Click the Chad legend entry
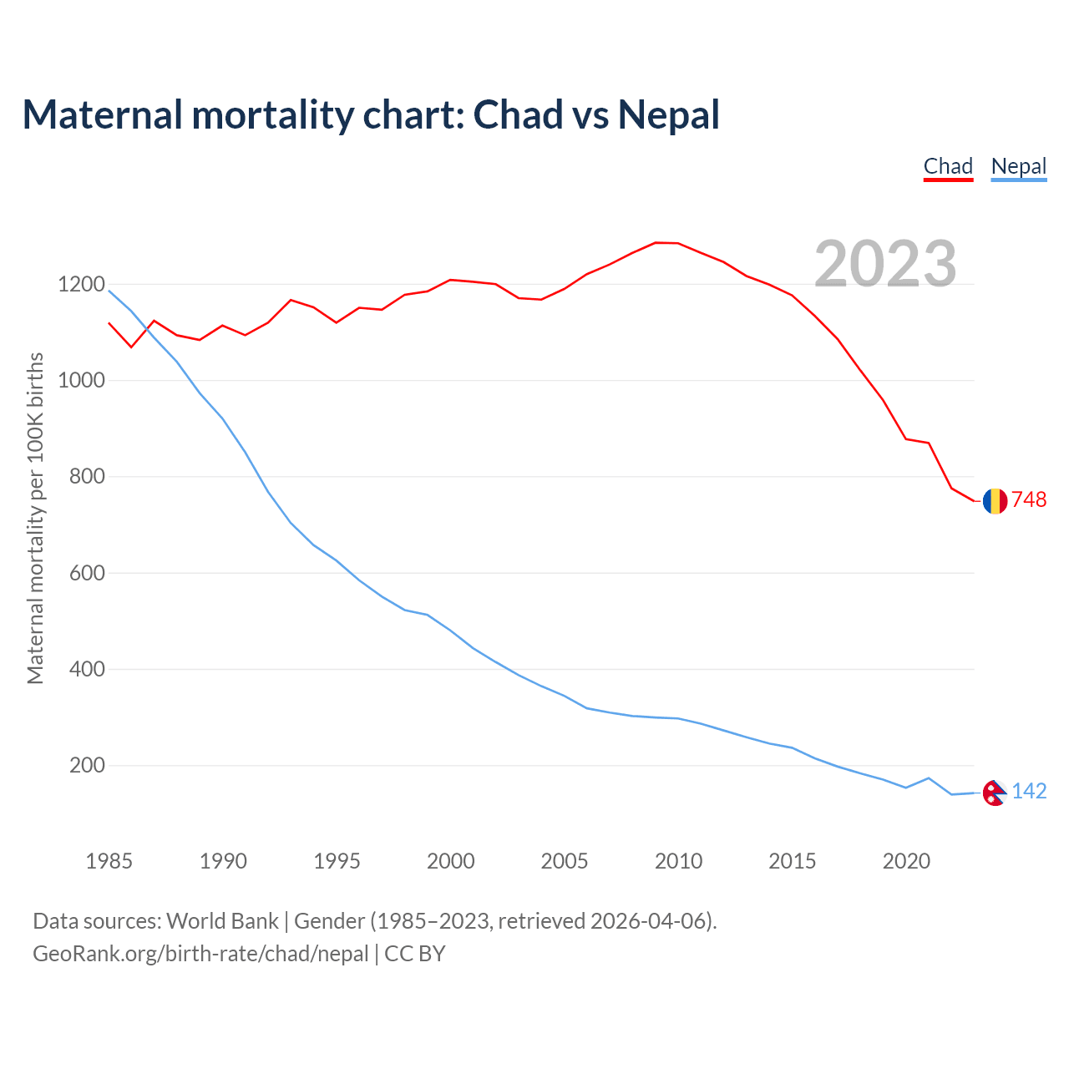point(948,166)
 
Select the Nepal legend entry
point(1018,166)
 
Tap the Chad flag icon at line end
point(994,501)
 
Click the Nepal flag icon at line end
point(994,793)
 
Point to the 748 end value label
point(1029,499)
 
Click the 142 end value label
point(1029,791)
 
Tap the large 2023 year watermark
point(885,264)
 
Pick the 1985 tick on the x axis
point(109,861)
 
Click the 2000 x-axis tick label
point(450,861)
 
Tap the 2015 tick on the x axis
point(792,861)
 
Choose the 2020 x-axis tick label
point(906,861)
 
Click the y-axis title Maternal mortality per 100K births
point(35,518)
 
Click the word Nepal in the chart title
point(668,114)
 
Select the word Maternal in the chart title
point(102,114)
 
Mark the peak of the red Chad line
point(656,242)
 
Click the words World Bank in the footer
point(222,921)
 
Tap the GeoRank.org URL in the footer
point(200,954)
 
